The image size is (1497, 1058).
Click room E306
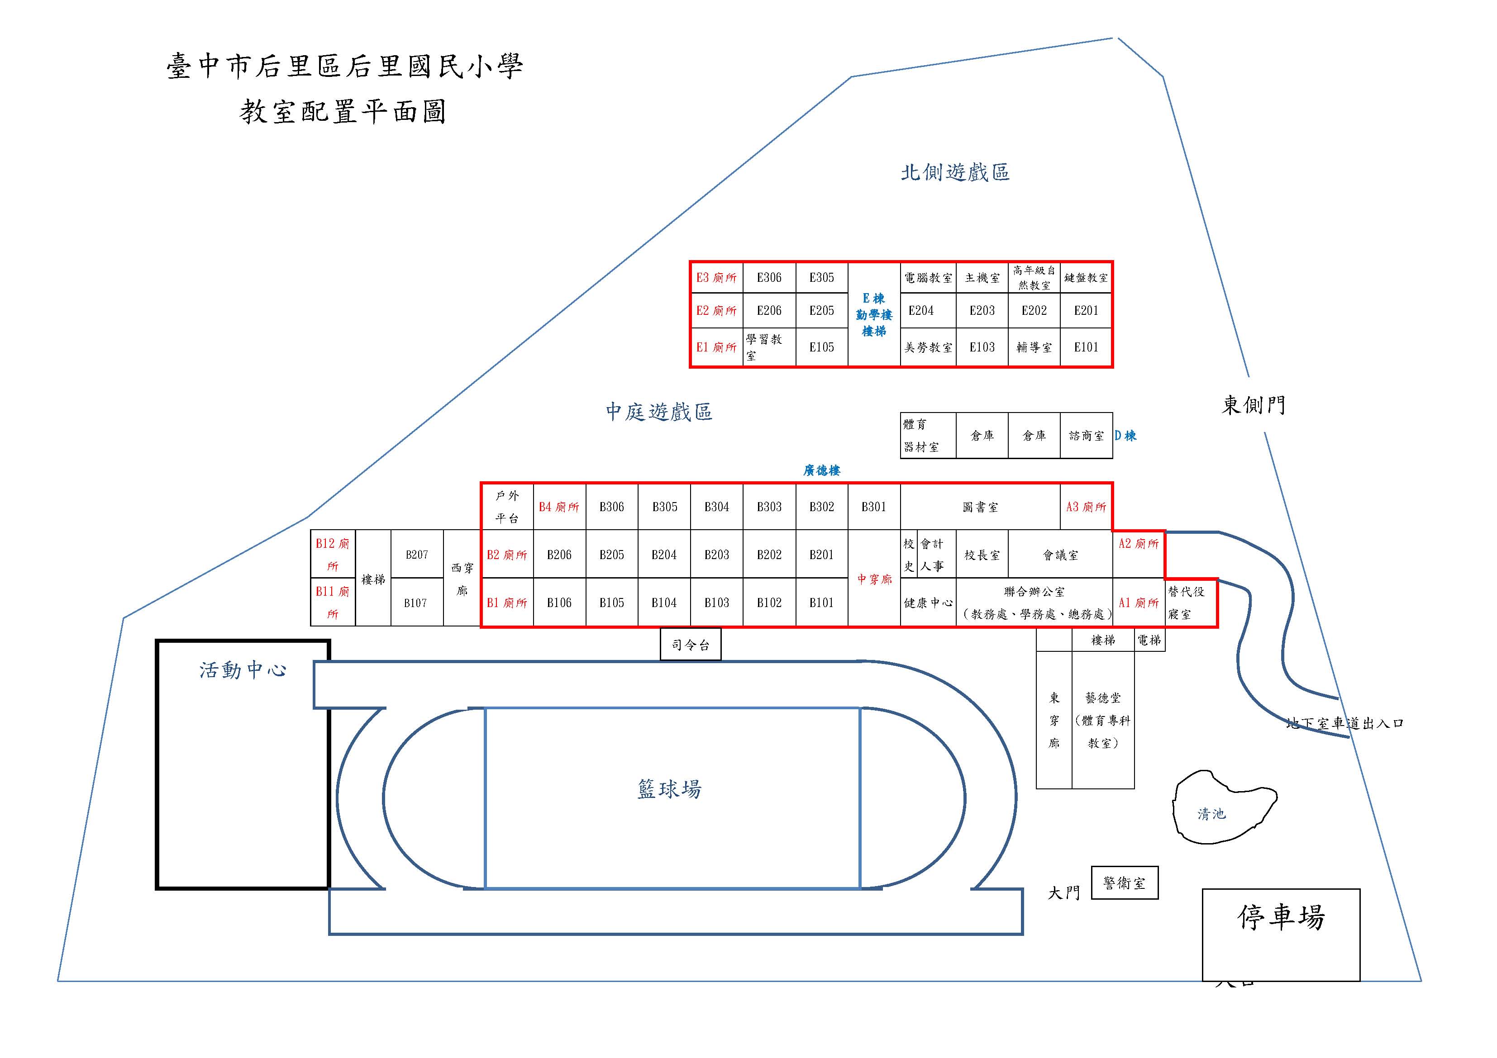point(769,278)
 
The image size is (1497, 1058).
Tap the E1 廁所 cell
point(716,347)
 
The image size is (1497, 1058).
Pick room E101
point(1086,347)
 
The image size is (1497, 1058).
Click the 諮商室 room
point(1086,436)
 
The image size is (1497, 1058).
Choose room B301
point(874,507)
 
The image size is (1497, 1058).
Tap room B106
point(559,603)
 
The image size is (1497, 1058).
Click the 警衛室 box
point(1124,883)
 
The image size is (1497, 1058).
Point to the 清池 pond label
point(1211,814)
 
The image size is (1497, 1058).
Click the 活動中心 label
point(243,670)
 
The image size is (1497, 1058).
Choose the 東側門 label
point(1253,405)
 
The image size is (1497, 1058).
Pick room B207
point(417,555)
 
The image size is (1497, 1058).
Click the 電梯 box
point(1149,640)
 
